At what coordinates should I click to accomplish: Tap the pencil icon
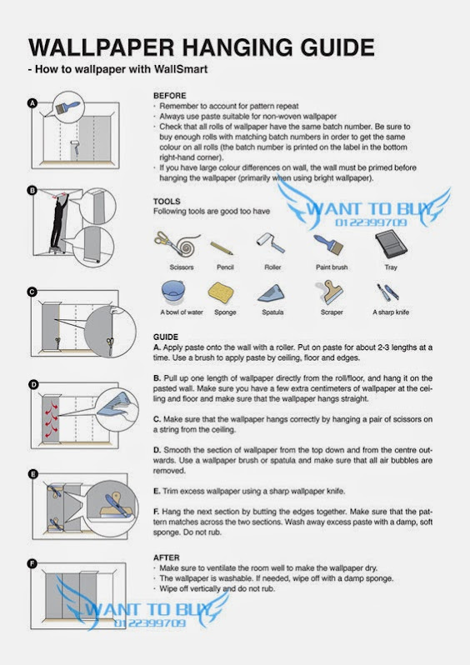click(x=222, y=247)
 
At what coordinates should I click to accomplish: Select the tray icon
click(x=391, y=244)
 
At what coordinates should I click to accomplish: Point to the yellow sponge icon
click(x=221, y=292)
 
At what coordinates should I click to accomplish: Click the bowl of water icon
click(x=173, y=292)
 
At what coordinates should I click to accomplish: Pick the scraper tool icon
click(x=330, y=292)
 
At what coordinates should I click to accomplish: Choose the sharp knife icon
click(x=387, y=292)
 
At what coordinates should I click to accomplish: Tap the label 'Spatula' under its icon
click(x=272, y=312)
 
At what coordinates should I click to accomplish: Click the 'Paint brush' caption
click(x=332, y=267)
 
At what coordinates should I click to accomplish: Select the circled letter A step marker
click(x=32, y=103)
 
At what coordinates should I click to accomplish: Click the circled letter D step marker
click(x=33, y=385)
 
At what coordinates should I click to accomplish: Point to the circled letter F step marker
click(x=32, y=563)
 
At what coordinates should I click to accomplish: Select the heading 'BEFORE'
click(x=170, y=96)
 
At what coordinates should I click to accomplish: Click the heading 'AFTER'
click(x=167, y=557)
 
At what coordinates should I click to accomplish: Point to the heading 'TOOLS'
click(x=167, y=202)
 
